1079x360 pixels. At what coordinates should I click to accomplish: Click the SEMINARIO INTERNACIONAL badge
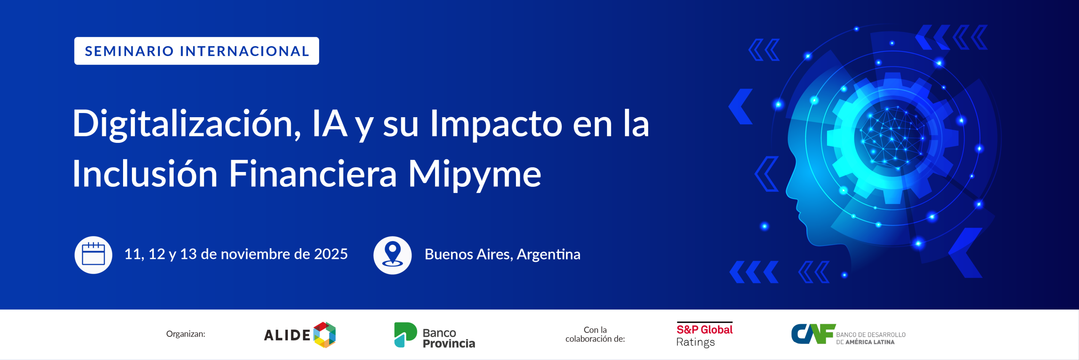tap(196, 51)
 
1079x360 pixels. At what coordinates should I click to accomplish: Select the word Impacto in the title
tap(496, 124)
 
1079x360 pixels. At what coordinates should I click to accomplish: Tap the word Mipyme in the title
tap(475, 175)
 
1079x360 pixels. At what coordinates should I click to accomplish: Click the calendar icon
tap(93, 255)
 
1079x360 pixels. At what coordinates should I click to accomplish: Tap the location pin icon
tap(392, 255)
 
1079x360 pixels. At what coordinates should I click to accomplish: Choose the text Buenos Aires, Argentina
tap(502, 255)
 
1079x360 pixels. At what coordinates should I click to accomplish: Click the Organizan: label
tap(185, 334)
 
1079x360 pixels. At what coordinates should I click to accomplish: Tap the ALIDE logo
tap(300, 335)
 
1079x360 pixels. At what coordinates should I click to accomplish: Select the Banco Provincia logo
tap(435, 336)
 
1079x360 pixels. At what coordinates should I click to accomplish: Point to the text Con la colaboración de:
tap(595, 334)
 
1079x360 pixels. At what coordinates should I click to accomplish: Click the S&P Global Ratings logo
tap(704, 335)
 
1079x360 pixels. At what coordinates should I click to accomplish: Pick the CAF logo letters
tap(813, 334)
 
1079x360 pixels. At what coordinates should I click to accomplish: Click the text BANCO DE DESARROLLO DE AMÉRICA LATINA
tap(871, 338)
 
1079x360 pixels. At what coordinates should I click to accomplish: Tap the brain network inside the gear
tap(892, 137)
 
